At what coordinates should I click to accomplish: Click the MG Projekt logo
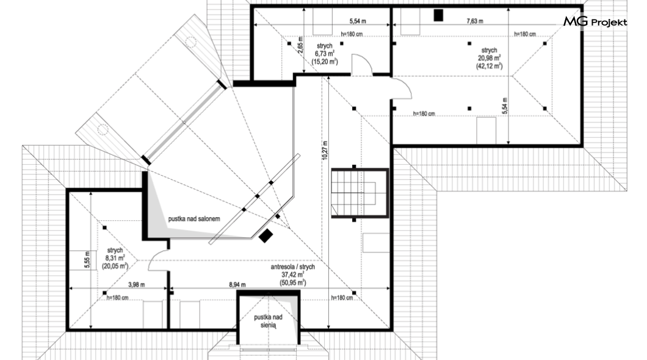coord(595,22)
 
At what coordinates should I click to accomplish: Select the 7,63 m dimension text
coord(475,21)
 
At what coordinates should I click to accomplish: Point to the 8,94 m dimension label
coord(237,284)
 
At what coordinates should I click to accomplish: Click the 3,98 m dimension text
coord(136,284)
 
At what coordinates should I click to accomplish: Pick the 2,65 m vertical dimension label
coord(300,45)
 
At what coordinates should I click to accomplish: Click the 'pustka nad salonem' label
coord(194,219)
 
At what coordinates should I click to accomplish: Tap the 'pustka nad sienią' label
coord(268,321)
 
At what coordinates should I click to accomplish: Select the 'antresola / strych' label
coord(292,267)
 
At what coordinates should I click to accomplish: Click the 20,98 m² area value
coord(490,58)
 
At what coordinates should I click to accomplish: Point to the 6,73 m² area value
coord(325,54)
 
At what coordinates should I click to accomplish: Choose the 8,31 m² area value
coord(115,258)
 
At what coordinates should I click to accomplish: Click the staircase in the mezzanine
coord(360,193)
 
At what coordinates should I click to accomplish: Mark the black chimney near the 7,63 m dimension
coord(438,15)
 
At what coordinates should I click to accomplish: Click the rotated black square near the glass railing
coord(266,236)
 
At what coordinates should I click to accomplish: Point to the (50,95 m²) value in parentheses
coord(292,283)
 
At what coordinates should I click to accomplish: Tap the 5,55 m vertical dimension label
coord(87,260)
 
